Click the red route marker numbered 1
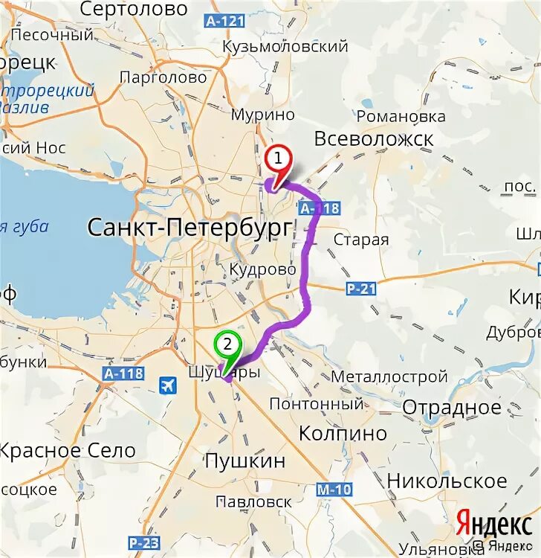coord(278,159)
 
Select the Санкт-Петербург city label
coord(188,227)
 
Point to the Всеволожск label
coord(373,139)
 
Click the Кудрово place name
coord(262,269)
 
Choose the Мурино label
coord(262,115)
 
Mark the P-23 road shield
coord(143,542)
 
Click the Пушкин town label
coord(244,461)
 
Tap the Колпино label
coord(343,433)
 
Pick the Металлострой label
coord(389,376)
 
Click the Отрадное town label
coord(452,408)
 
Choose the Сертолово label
coord(133,10)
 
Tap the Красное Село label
coord(68,450)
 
